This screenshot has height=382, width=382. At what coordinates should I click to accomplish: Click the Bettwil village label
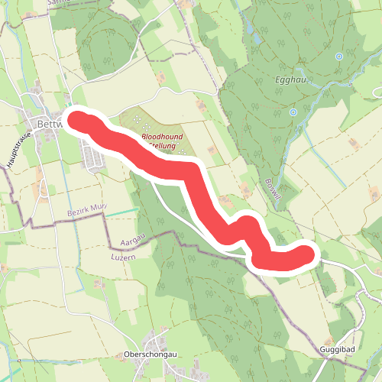point(42,125)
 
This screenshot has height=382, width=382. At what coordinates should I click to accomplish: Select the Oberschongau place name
point(150,354)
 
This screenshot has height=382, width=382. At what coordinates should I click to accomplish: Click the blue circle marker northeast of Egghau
point(338,56)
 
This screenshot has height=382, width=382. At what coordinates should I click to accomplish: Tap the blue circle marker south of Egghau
point(293,112)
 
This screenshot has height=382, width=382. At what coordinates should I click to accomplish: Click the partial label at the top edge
point(58,3)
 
